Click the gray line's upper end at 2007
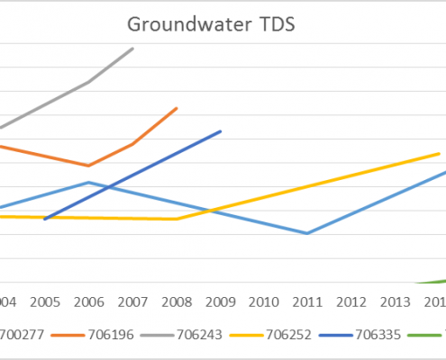pyautogui.click(x=133, y=49)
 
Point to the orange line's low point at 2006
pyautogui.click(x=88, y=166)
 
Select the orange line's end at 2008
pyautogui.click(x=177, y=108)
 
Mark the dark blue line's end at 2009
pyautogui.click(x=221, y=131)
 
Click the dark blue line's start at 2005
pyautogui.click(x=44, y=219)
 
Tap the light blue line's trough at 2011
pyautogui.click(x=307, y=233)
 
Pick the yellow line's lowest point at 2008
pyautogui.click(x=177, y=219)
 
